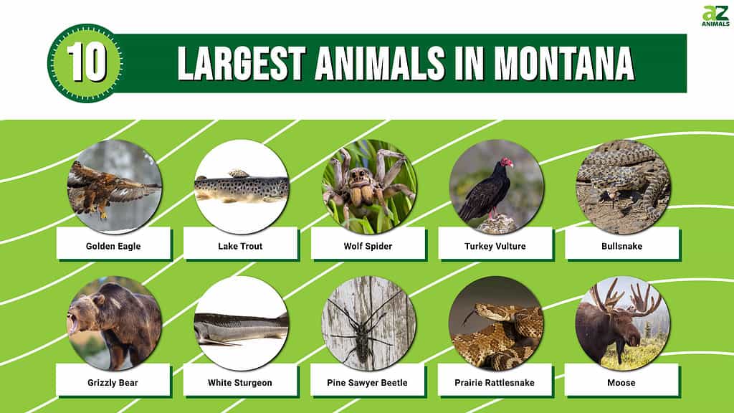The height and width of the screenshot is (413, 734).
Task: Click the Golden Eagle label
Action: (113, 247)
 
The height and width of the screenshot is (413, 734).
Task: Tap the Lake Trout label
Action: (240, 247)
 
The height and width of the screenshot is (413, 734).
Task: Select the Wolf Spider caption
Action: (368, 247)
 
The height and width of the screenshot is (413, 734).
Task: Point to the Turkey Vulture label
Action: (495, 247)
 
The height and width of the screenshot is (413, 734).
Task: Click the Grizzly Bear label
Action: (113, 383)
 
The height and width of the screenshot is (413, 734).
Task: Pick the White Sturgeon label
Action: (239, 383)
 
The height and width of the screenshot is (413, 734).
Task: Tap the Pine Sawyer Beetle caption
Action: (367, 383)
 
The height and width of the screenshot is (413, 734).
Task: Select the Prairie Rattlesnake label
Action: (495, 383)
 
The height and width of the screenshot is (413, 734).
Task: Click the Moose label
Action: (621, 383)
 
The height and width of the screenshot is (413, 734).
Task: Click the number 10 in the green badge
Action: (86, 63)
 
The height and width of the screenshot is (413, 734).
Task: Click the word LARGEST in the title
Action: (242, 64)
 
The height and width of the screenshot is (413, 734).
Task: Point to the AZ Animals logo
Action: (715, 16)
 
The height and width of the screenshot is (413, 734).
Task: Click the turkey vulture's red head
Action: (507, 163)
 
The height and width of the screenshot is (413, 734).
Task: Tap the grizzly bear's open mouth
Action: (72, 323)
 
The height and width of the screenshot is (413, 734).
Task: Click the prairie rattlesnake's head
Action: (483, 311)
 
